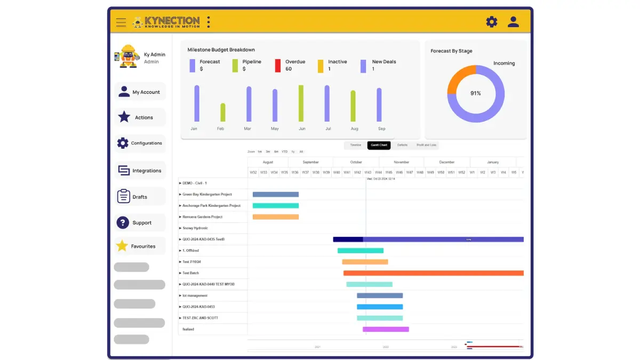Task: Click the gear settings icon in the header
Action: pos(491,22)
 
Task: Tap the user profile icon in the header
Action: pos(513,22)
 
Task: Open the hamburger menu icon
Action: pos(121,22)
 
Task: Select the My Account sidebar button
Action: pos(140,92)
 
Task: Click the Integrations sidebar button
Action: pos(140,171)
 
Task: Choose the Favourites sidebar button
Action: pos(140,246)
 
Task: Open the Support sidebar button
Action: pos(140,222)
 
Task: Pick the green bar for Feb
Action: pos(222,112)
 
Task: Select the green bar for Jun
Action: pos(301,103)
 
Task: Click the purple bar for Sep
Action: pos(379,105)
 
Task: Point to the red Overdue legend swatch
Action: pos(277,66)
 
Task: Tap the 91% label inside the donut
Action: pos(475,93)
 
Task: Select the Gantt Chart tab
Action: pos(379,145)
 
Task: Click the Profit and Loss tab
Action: pos(426,145)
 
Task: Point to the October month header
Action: pos(356,162)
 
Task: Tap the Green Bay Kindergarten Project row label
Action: pos(207,194)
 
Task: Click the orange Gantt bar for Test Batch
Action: pos(433,273)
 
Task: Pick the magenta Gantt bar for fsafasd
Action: pos(386,329)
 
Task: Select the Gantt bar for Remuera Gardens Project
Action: pos(275,217)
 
